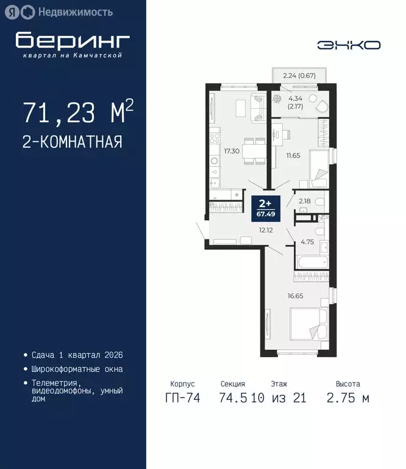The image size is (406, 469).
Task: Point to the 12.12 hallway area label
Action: pos(265,230)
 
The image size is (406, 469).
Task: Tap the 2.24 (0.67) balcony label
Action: pos(299,76)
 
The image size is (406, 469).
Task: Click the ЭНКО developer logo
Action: pos(349,45)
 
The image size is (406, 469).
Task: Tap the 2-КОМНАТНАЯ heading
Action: pos(73,142)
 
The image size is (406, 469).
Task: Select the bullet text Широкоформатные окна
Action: pos(77,369)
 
